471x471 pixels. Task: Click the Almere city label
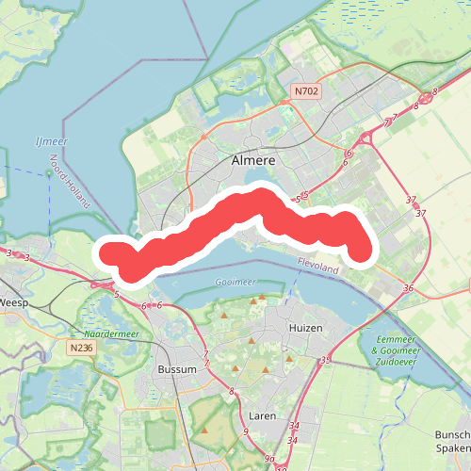[x=253, y=161]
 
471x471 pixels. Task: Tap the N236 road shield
[x=81, y=348]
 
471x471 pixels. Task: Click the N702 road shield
[x=305, y=92]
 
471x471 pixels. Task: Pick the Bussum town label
[x=177, y=369]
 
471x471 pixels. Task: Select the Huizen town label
[x=304, y=328]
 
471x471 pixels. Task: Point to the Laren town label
[x=262, y=414]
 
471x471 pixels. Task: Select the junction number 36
[x=407, y=287]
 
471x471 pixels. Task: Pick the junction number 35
[x=326, y=360]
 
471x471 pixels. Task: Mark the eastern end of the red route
[x=359, y=251]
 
